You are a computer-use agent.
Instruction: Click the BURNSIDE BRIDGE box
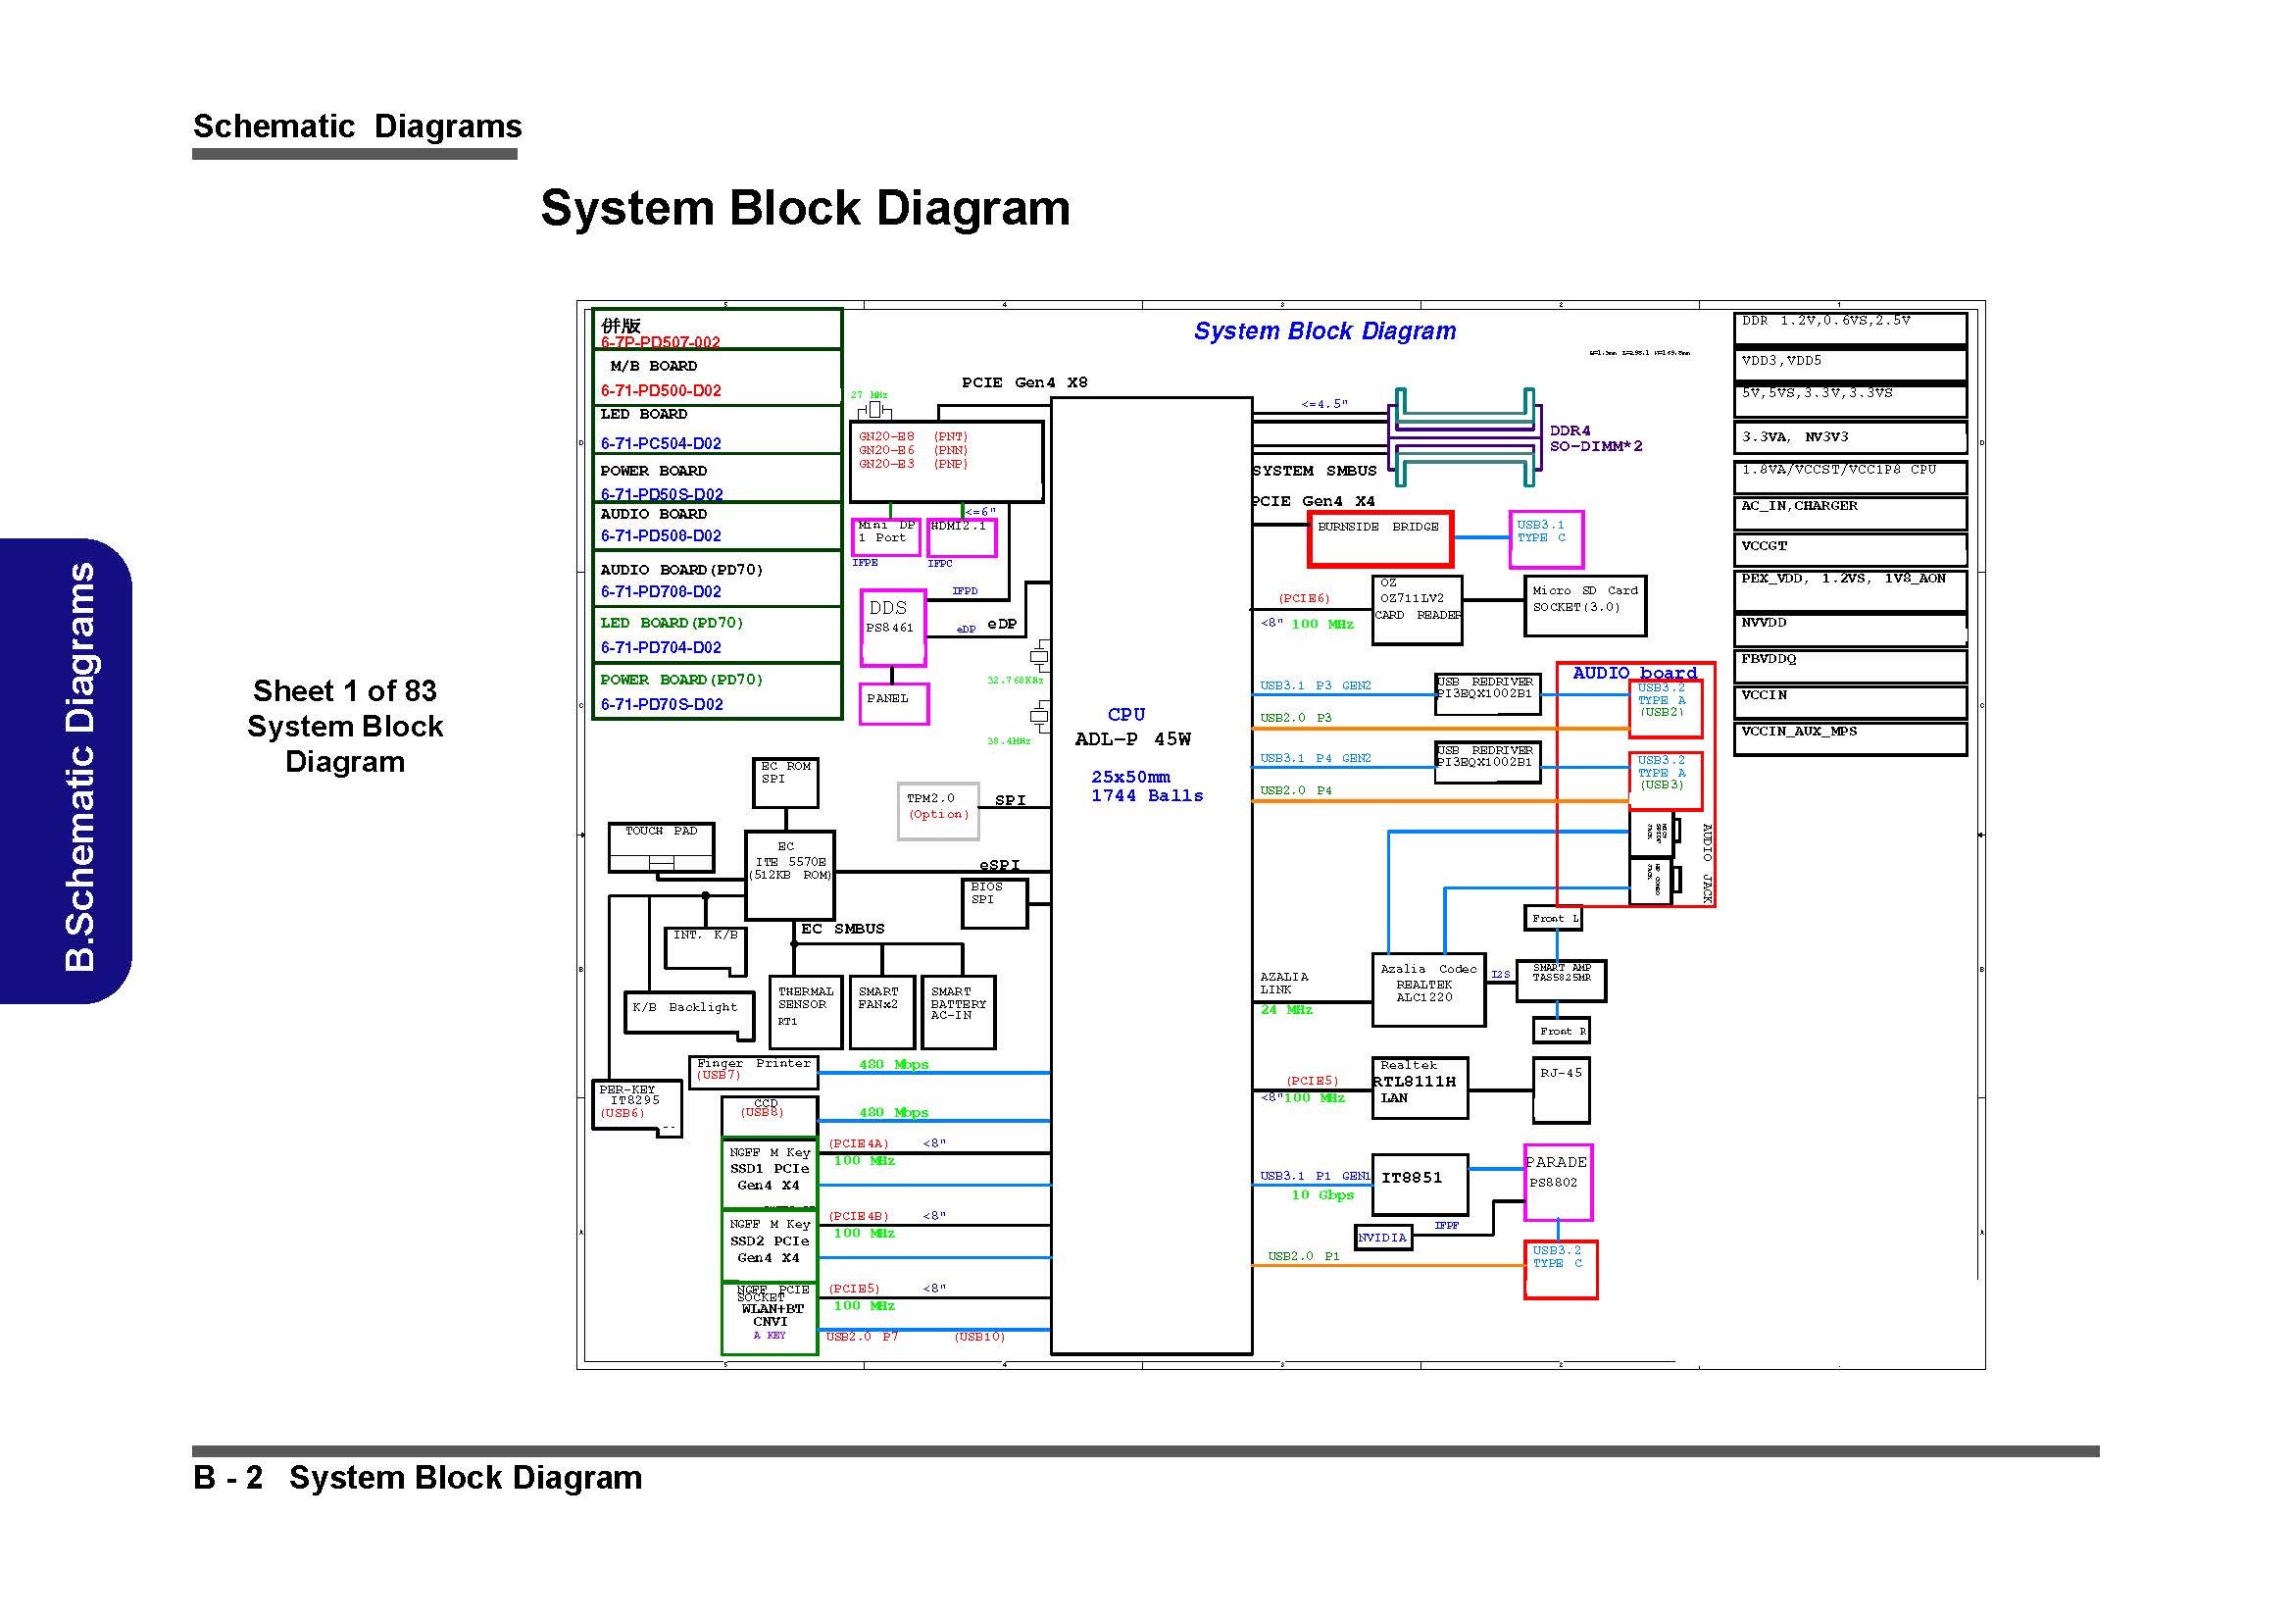pos(1380,538)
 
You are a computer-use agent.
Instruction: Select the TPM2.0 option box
pos(938,810)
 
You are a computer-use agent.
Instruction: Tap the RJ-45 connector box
pos(1560,1089)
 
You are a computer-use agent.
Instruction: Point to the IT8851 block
pos(1420,1185)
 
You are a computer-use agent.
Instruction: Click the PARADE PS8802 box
pos(1557,1182)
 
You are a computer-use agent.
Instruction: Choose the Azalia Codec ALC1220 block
pos(1427,988)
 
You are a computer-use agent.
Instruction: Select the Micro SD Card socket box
pos(1584,605)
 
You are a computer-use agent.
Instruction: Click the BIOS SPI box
pos(993,902)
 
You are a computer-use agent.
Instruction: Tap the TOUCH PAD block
pos(661,847)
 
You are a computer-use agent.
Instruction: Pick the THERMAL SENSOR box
pos(805,1011)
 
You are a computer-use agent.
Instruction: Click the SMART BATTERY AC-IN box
pos(958,1011)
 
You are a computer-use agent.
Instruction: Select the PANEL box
pos(894,703)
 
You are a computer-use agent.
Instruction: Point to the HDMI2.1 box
pos(961,537)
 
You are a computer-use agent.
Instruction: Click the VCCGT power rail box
pos(1850,548)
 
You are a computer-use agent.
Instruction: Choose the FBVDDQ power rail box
pos(1850,664)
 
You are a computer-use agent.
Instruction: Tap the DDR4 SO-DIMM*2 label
pos(1595,438)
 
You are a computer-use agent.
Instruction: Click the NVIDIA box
pos(1382,1238)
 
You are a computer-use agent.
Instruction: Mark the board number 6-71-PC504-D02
pos(660,443)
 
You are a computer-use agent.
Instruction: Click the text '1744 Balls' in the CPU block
pos(1147,796)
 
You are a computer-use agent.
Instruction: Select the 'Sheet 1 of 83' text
pos(344,690)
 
